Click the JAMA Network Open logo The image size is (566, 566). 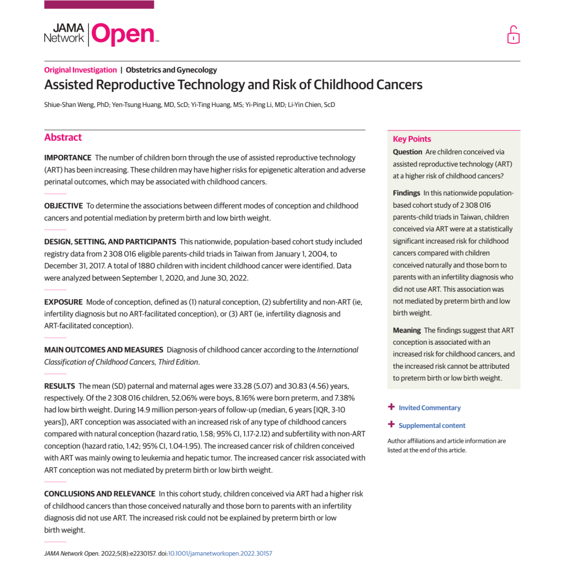101,34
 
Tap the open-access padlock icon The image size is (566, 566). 513,35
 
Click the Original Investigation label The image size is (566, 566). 80,70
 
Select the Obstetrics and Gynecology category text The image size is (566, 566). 171,70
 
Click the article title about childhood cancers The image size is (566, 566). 233,85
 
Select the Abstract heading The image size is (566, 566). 63,137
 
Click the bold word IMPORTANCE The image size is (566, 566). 68,157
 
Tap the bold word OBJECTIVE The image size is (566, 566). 63,206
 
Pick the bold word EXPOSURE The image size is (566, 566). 63,302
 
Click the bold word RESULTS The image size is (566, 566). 59,386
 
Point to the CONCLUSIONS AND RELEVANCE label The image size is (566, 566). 100,494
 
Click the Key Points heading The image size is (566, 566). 412,139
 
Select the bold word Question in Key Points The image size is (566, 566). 407,152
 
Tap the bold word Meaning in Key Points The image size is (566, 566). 407,330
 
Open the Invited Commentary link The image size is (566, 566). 429,408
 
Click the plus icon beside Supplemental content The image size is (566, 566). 391,425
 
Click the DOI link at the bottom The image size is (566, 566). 220,553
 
